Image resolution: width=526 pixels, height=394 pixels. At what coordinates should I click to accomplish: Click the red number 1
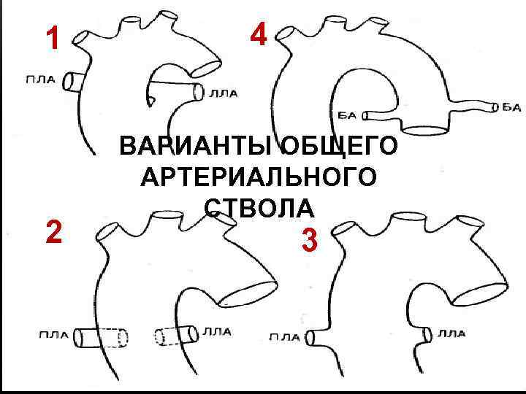[53, 39]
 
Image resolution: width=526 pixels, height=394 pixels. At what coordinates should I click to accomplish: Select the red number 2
[54, 232]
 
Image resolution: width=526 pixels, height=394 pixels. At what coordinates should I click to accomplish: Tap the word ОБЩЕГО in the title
[339, 145]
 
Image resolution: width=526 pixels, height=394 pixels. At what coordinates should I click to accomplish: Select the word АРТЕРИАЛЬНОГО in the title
[259, 177]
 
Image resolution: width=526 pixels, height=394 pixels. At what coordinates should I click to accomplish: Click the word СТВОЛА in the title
[259, 207]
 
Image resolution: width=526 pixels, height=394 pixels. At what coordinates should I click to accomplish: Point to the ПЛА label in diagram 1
[41, 80]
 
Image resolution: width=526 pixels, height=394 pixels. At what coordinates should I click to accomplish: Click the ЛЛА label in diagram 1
[223, 93]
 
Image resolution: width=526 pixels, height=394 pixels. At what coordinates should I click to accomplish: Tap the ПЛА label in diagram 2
[54, 334]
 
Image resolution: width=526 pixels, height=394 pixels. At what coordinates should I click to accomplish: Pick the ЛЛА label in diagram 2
[217, 332]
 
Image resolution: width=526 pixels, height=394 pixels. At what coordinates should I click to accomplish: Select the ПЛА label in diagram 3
[285, 337]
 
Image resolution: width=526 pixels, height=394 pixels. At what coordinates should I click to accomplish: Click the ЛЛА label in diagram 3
[451, 333]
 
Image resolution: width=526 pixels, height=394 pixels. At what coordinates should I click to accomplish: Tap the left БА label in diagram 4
[347, 116]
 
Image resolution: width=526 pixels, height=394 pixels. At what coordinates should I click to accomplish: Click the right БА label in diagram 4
[511, 107]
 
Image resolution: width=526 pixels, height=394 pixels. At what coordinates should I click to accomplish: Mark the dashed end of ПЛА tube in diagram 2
[123, 338]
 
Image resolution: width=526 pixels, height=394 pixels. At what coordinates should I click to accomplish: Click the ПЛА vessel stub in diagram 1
[72, 82]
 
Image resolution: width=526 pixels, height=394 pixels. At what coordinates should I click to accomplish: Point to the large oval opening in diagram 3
[479, 294]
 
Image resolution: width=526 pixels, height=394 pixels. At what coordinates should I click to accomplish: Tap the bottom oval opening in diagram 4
[425, 131]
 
